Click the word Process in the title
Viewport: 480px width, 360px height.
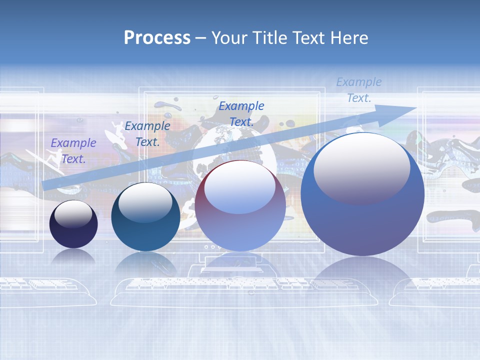tap(157, 38)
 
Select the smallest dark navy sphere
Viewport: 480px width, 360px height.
tap(73, 224)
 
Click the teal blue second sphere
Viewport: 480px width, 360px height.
tap(145, 216)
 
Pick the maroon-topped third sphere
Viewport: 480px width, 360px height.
tap(240, 206)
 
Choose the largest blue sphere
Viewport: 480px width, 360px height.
tap(362, 195)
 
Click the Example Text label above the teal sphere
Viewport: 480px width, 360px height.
tap(147, 134)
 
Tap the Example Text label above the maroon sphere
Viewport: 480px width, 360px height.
tap(241, 113)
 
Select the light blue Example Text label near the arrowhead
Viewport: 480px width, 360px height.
tap(359, 90)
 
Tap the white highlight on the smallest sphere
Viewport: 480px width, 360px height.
tap(73, 214)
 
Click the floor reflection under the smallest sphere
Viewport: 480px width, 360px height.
tap(73, 257)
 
